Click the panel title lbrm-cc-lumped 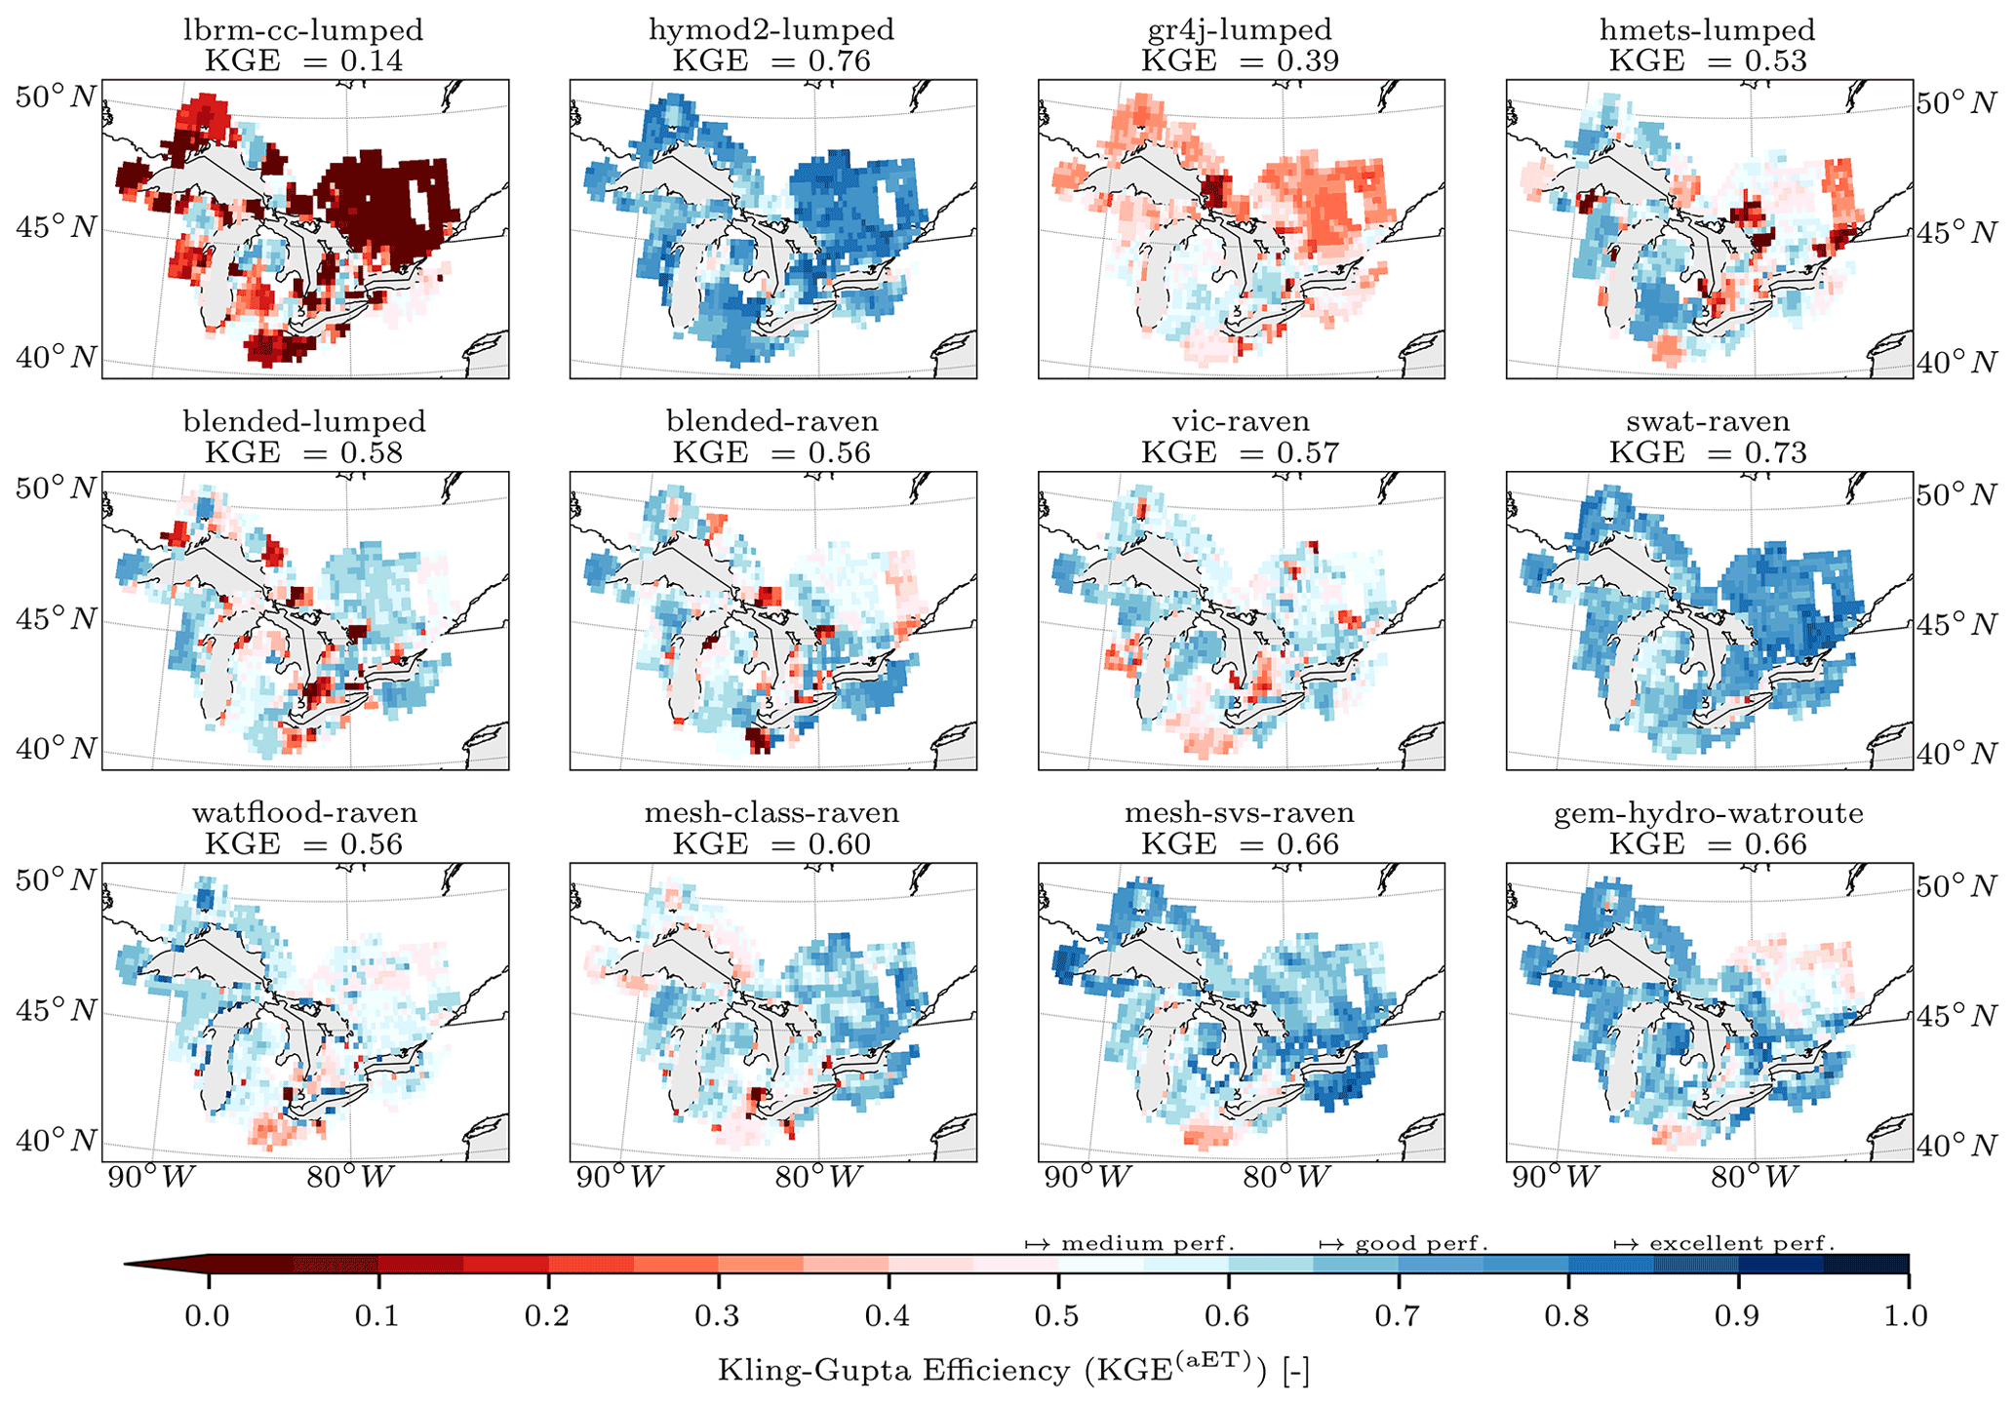coord(303,30)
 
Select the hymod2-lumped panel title coord(771,30)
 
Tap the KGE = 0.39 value coord(1240,60)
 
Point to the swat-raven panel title coord(1708,422)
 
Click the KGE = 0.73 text coord(1708,452)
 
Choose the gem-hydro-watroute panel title coord(1708,813)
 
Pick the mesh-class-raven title coord(771,813)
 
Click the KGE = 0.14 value coord(303,60)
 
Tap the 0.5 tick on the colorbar coord(1057,1316)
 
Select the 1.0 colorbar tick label coord(1906,1316)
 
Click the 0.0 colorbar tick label coord(208,1316)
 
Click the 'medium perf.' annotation coord(1130,1244)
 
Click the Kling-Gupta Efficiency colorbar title coord(1013,1370)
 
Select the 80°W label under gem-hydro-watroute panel coord(1755,1178)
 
